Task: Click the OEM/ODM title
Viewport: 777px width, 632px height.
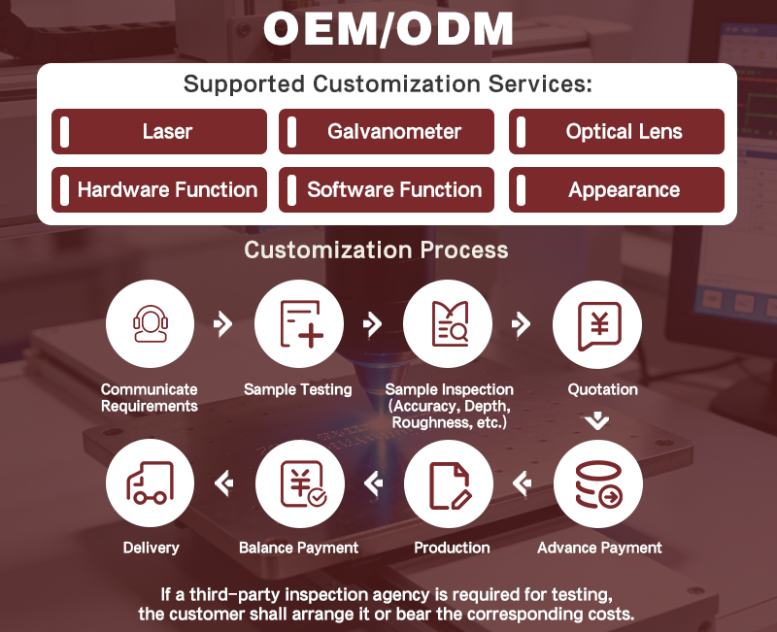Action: click(388, 29)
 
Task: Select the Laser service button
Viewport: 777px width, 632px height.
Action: click(159, 131)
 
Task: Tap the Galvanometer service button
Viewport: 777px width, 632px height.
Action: click(387, 131)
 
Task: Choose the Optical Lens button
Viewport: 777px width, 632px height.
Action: click(617, 131)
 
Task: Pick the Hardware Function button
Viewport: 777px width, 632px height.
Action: click(159, 189)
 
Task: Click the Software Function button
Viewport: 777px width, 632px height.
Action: click(387, 189)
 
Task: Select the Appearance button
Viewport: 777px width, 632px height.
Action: click(617, 189)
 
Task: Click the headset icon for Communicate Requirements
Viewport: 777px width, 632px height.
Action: click(151, 324)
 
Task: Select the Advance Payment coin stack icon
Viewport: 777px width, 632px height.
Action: click(598, 483)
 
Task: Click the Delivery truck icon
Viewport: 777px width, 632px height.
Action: click(151, 482)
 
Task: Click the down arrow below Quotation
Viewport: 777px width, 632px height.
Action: click(597, 421)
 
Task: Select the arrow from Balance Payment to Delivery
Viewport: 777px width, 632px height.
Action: click(224, 482)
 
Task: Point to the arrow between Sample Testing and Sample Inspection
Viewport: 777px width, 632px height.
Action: click(373, 324)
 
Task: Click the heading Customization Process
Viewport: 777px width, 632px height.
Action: click(376, 249)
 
